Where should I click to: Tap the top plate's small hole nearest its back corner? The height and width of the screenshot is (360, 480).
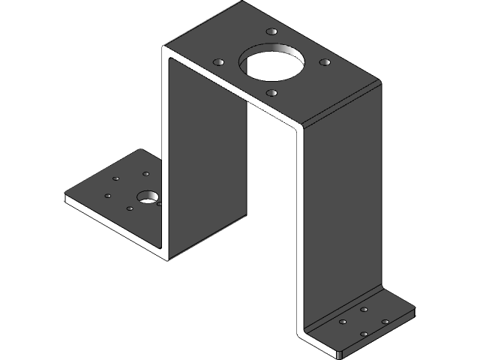pyautogui.click(x=271, y=33)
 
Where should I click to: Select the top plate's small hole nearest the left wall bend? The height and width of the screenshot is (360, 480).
pyautogui.click(x=218, y=61)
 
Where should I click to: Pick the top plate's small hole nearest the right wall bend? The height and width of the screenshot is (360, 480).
pyautogui.click(x=325, y=62)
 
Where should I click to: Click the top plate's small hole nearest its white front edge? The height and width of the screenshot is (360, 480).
pyautogui.click(x=271, y=93)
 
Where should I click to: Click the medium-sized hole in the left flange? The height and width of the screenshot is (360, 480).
pyautogui.click(x=148, y=197)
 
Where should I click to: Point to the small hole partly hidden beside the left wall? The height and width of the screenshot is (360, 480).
pyautogui.click(x=160, y=202)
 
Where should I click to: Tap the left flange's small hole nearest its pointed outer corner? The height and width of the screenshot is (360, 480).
pyautogui.click(x=109, y=196)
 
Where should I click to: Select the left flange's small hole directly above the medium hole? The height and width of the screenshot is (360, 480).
pyautogui.click(x=146, y=174)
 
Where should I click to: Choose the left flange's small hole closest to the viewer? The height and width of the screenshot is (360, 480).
pyautogui.click(x=130, y=208)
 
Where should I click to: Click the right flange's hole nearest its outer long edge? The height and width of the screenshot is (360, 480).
pyautogui.click(x=385, y=322)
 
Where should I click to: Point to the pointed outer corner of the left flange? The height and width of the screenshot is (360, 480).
pyautogui.click(x=67, y=197)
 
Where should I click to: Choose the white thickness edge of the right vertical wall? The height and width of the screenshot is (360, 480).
pyautogui.click(x=300, y=225)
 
